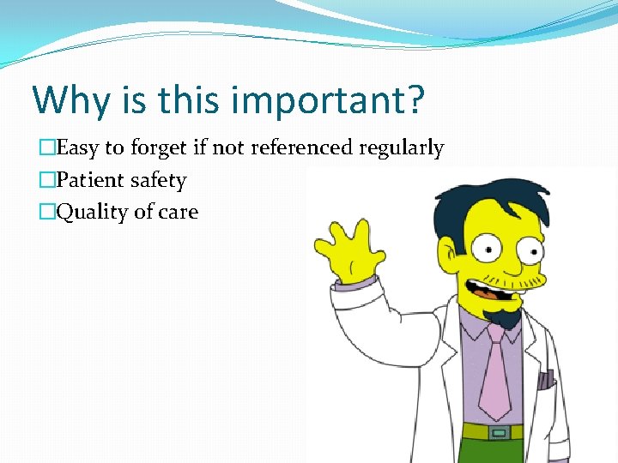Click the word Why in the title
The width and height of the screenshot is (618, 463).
click(x=72, y=100)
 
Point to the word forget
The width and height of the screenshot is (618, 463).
click(x=158, y=149)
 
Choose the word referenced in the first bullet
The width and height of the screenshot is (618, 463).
click(x=301, y=148)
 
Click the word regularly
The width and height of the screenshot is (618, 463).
click(x=401, y=149)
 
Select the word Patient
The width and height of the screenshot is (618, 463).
click(x=88, y=180)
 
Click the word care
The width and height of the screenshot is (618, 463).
click(x=178, y=213)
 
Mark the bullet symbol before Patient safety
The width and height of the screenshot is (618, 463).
click(x=48, y=180)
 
